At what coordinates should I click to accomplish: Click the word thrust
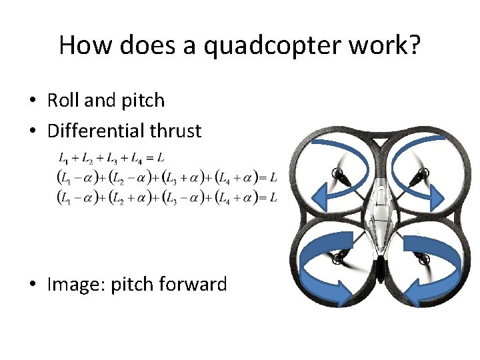175,131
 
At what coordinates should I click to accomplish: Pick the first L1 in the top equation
63,159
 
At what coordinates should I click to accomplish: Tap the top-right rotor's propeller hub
420,176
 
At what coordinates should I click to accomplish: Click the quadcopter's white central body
379,213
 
